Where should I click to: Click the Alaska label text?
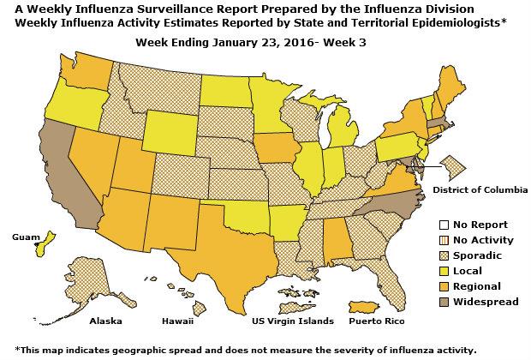coord(107,322)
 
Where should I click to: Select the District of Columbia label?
coord(480,189)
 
